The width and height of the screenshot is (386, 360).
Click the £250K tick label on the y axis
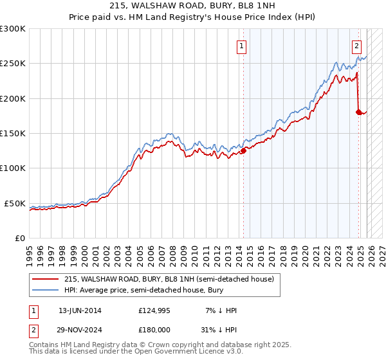click(13, 64)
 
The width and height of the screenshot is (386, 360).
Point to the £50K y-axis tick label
click(15, 203)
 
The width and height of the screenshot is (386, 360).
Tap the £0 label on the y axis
click(20, 238)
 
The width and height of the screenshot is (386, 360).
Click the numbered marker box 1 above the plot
click(241, 46)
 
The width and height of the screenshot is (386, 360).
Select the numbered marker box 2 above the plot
click(356, 46)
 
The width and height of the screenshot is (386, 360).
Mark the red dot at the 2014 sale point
click(244, 151)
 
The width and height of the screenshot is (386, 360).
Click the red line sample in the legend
click(46, 279)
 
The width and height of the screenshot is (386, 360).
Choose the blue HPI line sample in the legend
click(46, 290)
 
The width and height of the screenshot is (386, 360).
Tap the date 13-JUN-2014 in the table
click(80, 311)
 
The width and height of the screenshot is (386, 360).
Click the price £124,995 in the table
click(154, 311)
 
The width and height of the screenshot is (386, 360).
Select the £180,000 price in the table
click(154, 329)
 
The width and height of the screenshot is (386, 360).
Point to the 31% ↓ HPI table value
click(219, 329)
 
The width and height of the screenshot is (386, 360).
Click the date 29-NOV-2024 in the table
click(80, 329)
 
